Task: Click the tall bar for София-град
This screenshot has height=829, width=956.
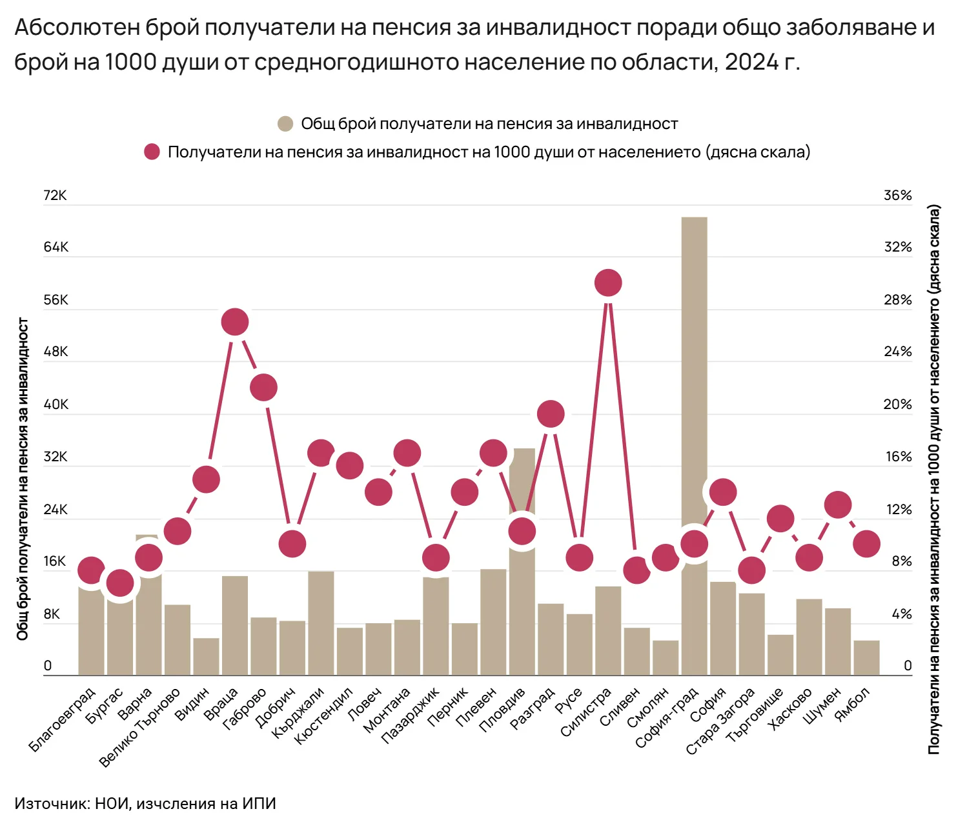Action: coord(694,387)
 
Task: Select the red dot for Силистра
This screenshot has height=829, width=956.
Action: coord(608,283)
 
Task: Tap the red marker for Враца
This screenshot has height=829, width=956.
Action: coord(235,322)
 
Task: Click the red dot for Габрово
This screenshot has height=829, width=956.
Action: coord(263,387)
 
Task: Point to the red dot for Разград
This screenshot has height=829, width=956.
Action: coord(551,414)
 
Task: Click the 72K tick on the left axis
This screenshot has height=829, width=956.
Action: coord(55,195)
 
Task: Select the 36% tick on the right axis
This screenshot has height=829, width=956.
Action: coord(897,195)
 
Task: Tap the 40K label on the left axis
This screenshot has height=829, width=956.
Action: coord(55,405)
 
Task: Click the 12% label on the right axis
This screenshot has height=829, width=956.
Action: coord(898,510)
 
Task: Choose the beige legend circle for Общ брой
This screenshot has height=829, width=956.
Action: coord(285,124)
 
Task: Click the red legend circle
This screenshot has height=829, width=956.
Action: coord(152,152)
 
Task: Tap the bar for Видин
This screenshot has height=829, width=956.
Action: coord(206,657)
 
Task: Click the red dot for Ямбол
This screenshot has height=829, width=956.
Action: coord(866,544)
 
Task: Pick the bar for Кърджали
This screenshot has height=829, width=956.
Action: coord(321,623)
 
